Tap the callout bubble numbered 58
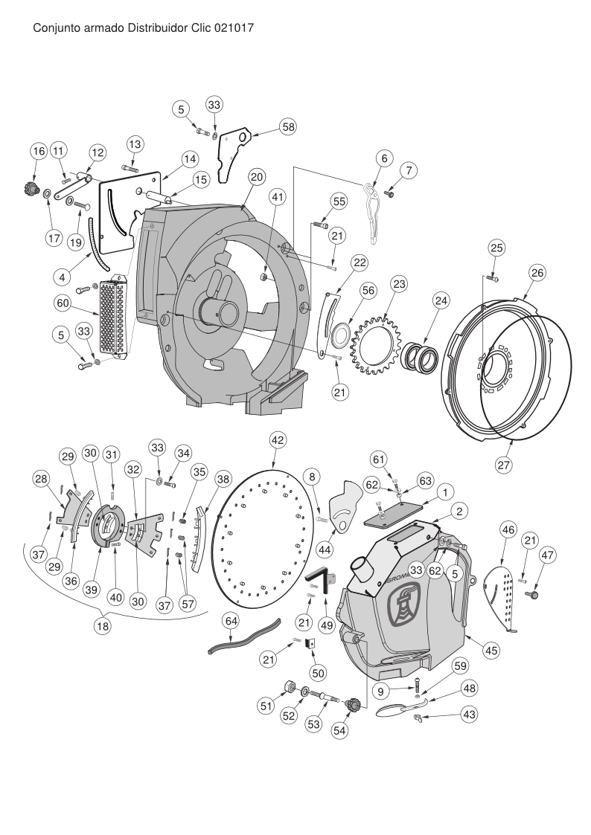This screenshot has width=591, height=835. [288, 126]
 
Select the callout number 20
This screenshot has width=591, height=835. [257, 177]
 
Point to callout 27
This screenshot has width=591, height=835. [504, 465]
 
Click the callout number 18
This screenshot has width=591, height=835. [102, 626]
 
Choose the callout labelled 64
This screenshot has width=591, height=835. [231, 621]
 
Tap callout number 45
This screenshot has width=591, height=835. [491, 651]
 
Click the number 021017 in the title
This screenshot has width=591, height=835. [234, 28]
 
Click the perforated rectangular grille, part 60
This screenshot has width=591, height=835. [113, 318]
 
